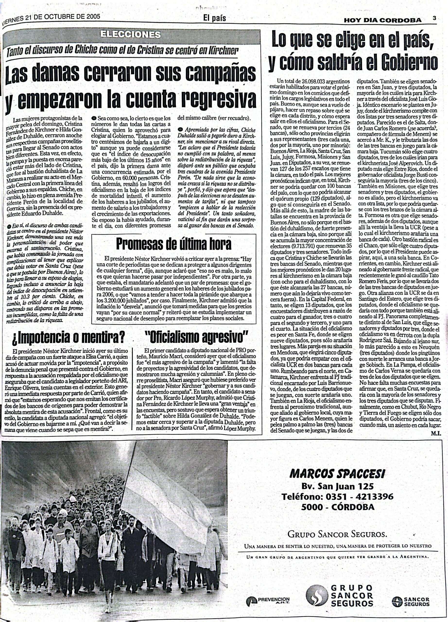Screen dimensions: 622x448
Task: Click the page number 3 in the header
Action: [x=434, y=18]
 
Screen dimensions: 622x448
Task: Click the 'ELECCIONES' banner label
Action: [x=130, y=35]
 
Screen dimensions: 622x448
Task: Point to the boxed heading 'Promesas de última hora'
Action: [x=174, y=243]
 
